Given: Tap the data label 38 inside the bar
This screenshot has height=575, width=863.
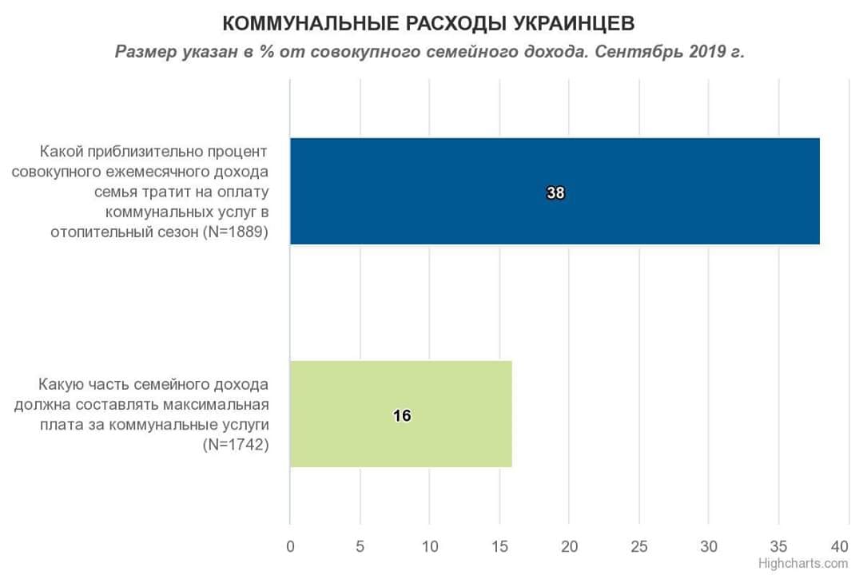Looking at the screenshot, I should tap(555, 192).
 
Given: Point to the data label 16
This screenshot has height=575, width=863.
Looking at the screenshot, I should tap(401, 415).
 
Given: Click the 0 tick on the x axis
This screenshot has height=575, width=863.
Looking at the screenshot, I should tap(290, 546).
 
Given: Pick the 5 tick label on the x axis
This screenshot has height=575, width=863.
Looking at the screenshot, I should tap(360, 546).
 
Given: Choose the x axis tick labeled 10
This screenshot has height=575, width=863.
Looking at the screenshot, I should tap(429, 546).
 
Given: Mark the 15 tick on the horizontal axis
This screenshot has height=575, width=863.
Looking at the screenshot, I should tap(499, 546).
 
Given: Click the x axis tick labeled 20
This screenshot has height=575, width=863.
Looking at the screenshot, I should tap(569, 546).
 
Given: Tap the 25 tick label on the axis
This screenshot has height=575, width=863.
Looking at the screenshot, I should tap(638, 546).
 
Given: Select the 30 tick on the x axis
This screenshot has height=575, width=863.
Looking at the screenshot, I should tap(709, 546).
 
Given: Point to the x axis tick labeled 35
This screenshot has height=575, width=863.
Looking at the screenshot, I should tap(779, 546).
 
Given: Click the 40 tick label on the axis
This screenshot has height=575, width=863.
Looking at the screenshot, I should tap(839, 546).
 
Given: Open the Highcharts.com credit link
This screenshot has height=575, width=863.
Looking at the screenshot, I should tap(803, 563).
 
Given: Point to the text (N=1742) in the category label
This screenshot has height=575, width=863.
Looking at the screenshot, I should tap(236, 444).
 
